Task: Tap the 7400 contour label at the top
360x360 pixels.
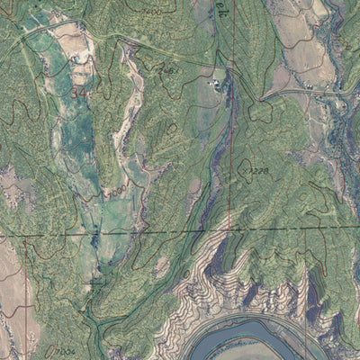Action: click(151, 12)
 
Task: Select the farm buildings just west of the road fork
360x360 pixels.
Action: click(217, 84)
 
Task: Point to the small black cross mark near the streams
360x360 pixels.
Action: click(92, 282)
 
